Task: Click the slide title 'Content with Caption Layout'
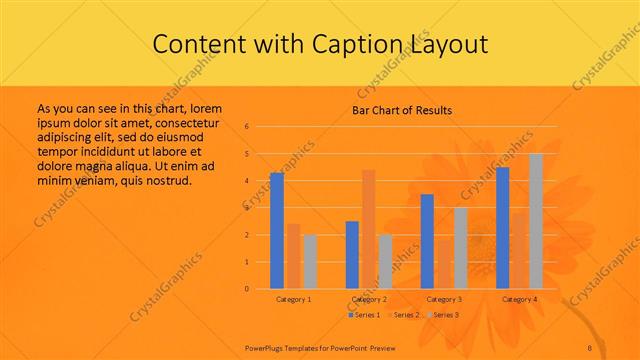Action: click(319, 44)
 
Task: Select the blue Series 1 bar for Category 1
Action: click(277, 230)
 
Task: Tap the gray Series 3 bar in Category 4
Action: click(536, 221)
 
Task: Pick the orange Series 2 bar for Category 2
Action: click(369, 229)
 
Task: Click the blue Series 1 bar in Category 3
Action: click(427, 241)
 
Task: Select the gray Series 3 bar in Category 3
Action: click(460, 248)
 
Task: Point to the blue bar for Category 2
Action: click(352, 255)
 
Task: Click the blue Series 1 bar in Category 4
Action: click(503, 228)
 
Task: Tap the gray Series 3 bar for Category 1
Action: click(310, 261)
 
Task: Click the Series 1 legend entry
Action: click(364, 315)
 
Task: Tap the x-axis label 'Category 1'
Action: click(293, 299)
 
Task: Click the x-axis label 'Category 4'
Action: click(519, 299)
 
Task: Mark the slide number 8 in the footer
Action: click(589, 347)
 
